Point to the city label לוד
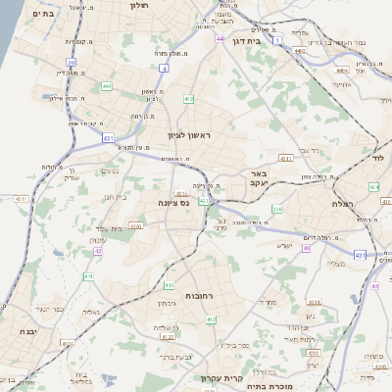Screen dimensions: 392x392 (377, 158)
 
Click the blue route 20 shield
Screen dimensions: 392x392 (72, 62)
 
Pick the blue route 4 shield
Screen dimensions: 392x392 (163, 70)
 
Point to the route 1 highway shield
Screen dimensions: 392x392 (278, 39)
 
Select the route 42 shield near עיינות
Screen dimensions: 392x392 (98, 251)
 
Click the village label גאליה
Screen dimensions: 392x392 (91, 313)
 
